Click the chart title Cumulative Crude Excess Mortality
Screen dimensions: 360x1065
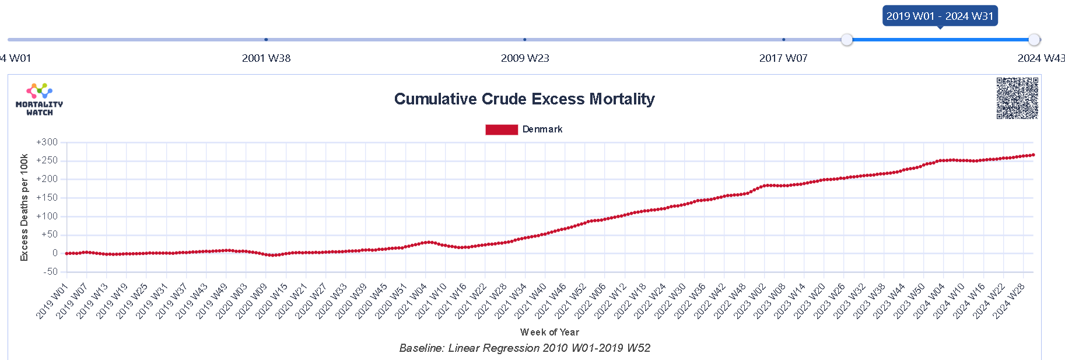(524, 99)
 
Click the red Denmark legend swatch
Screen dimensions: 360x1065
(501, 130)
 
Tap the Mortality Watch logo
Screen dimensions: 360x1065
(39, 99)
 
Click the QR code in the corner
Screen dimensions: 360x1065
(1017, 98)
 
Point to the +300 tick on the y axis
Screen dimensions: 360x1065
(47, 142)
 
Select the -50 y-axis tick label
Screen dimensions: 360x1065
(50, 272)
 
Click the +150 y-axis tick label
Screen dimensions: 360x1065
(47, 198)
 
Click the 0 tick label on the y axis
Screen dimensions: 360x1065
(55, 253)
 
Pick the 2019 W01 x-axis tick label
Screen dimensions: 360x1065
(52, 301)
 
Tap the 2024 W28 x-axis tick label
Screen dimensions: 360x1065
(1010, 301)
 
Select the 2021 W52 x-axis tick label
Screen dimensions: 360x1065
(571, 301)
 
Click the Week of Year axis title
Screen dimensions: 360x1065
(549, 332)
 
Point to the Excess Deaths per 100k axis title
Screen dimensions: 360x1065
(24, 207)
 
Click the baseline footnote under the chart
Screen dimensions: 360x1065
(524, 348)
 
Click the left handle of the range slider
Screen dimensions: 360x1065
(847, 40)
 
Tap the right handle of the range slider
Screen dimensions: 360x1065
(1034, 40)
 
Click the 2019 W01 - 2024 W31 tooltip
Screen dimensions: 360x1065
(940, 16)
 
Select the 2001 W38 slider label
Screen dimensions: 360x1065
(266, 58)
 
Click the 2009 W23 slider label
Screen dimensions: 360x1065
(525, 58)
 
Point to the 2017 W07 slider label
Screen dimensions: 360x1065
(783, 58)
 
